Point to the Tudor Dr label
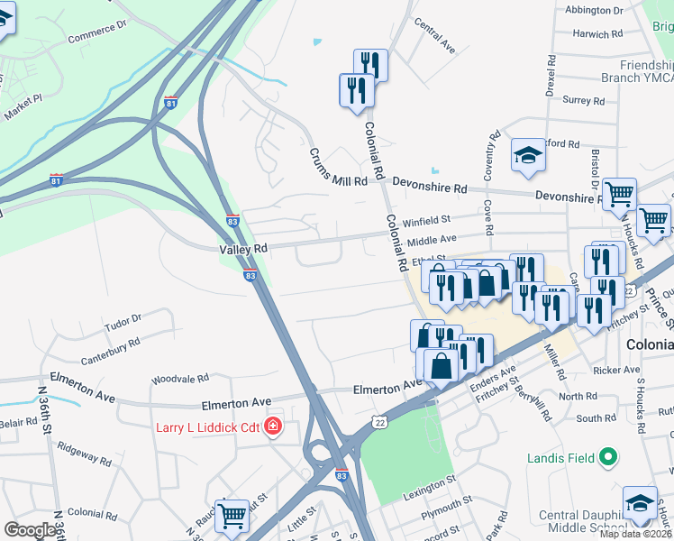[x=123, y=319]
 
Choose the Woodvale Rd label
[x=180, y=380]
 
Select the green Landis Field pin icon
[x=610, y=458]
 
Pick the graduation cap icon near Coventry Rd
[x=528, y=155]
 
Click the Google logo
[x=31, y=530]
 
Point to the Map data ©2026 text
[x=635, y=534]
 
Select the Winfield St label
[x=426, y=220]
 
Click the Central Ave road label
[x=435, y=41]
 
